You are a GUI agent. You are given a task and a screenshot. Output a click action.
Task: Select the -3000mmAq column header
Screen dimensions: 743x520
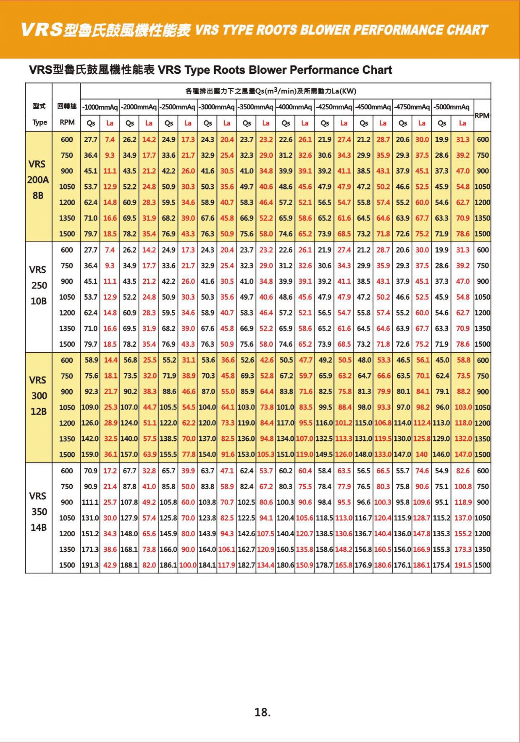tap(217, 107)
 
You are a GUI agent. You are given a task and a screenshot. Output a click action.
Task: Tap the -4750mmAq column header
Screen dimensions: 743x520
tap(412, 107)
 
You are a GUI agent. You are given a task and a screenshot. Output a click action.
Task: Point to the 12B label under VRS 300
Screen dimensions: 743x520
tap(39, 411)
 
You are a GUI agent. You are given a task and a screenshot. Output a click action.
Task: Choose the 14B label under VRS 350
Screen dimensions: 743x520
tap(39, 527)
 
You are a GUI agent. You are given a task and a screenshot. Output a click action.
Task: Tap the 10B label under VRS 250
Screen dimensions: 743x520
tap(39, 301)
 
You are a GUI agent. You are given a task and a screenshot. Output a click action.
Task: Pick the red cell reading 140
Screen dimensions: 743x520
tap(421, 454)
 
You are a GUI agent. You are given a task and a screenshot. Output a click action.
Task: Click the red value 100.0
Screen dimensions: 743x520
tap(188, 565)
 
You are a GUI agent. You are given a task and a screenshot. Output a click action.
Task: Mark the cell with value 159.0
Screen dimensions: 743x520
tap(90, 454)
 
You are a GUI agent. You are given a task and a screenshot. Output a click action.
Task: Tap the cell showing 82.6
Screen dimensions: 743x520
tap(463, 471)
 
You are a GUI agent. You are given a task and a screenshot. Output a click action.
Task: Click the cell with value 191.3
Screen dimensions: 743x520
tap(90, 565)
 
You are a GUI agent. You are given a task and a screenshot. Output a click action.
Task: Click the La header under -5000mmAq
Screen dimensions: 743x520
tap(462, 123)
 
